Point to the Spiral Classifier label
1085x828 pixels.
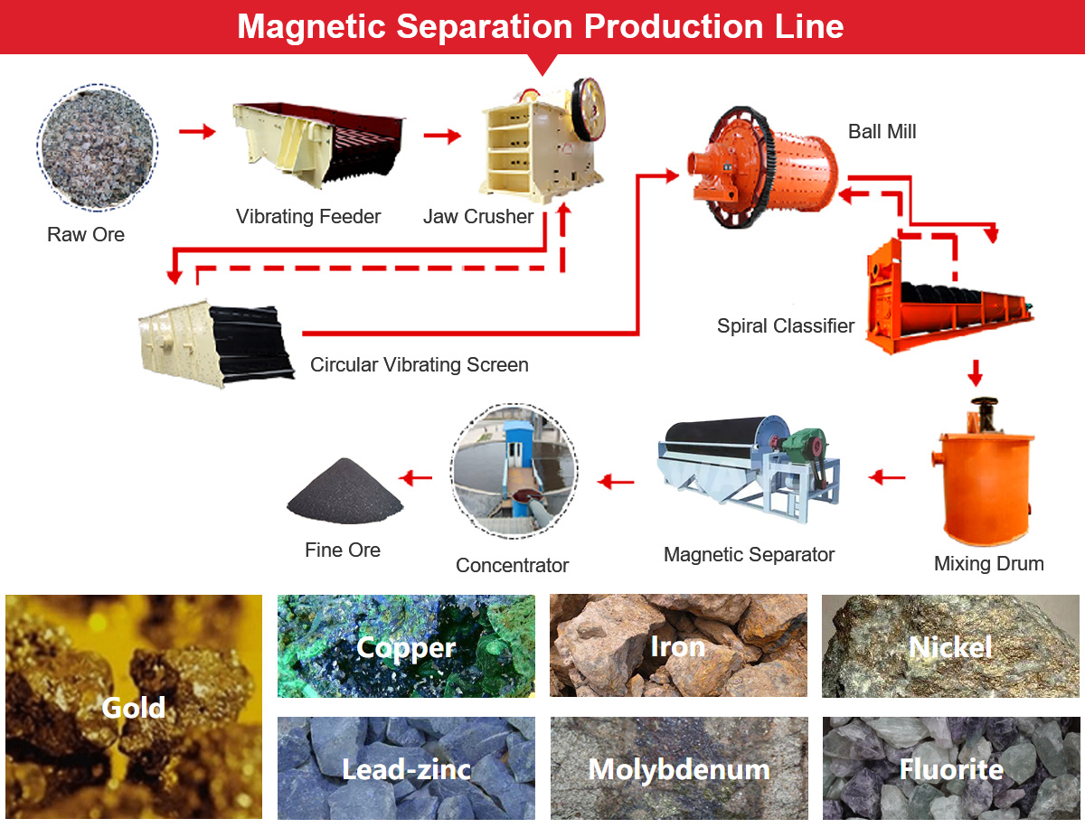785,326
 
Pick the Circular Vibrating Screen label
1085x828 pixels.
419,365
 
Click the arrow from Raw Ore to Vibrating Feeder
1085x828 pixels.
197,133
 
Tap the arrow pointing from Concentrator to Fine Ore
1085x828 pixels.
417,477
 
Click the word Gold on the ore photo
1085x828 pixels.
134,707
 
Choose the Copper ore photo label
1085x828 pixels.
406,647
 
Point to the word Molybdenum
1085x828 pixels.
678,769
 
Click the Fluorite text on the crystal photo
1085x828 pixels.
951,769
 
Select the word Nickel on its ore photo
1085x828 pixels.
950,646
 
